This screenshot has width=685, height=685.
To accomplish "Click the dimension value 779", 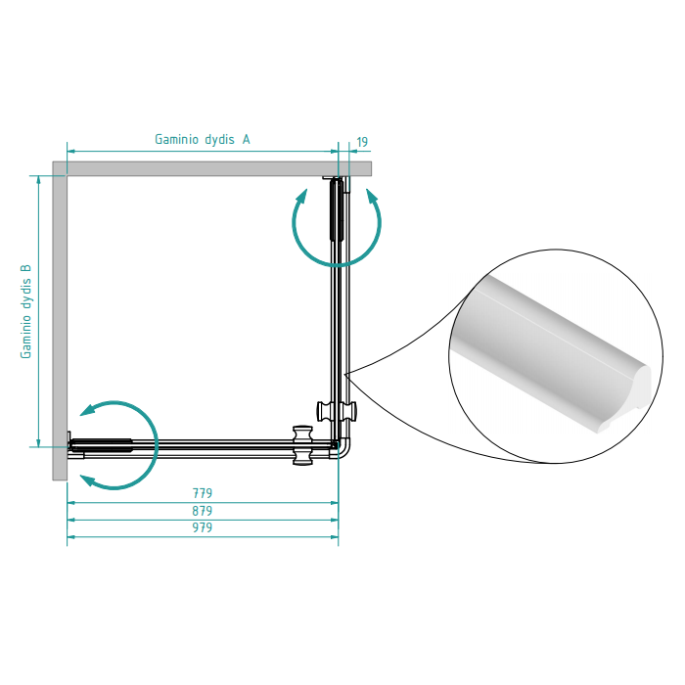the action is (203, 493).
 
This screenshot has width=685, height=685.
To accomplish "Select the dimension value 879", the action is (203, 511).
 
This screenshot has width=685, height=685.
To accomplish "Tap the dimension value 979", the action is (203, 527).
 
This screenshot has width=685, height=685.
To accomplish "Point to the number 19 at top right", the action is (362, 142).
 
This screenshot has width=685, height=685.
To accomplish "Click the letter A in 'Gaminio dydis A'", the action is (247, 139).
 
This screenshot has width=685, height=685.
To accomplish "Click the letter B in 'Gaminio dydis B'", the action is (26, 269).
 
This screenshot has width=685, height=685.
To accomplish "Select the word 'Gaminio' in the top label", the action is (177, 139).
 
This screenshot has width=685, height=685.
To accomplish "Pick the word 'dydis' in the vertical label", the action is (26, 297).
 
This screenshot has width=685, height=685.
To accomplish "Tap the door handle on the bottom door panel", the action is (302, 445).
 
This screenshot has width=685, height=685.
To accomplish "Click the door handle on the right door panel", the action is (337, 412).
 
